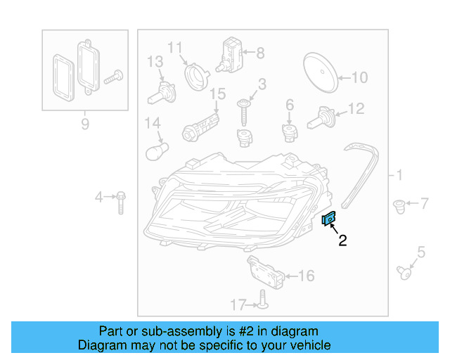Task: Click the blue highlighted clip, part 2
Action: click(328, 219)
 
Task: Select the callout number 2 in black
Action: click(342, 241)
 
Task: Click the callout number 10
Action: click(359, 77)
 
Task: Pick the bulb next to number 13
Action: click(162, 91)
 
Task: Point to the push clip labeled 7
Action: click(399, 206)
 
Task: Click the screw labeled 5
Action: click(404, 271)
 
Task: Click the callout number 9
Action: click(85, 124)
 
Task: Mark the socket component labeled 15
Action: click(202, 126)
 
